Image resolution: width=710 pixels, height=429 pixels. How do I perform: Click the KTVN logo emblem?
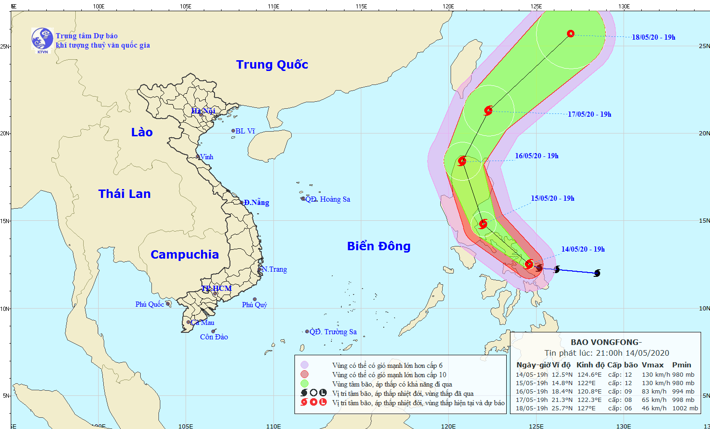[42, 39]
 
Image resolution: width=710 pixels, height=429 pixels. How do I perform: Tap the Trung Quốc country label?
[272, 64]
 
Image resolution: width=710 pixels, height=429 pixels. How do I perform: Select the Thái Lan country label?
[124, 194]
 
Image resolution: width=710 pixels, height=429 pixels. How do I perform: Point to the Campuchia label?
[185, 254]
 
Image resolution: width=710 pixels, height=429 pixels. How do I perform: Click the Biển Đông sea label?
[379, 246]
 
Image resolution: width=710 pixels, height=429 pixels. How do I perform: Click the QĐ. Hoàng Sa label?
[328, 199]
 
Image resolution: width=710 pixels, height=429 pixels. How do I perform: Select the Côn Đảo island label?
[214, 337]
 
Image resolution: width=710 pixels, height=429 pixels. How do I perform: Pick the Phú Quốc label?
[150, 304]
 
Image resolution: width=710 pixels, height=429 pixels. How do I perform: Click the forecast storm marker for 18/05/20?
[571, 34]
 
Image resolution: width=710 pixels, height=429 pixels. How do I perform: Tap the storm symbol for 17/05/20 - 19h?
[488, 111]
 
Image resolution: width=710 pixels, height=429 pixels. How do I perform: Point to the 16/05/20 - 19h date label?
[537, 156]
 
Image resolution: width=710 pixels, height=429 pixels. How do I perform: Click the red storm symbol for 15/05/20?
[483, 224]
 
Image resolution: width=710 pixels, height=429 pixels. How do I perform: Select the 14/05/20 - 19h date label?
[583, 249]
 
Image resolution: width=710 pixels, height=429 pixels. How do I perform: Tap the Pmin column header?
[681, 365]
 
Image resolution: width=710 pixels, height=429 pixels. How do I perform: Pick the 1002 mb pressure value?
[685, 408]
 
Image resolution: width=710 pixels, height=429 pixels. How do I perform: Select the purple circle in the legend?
[304, 365]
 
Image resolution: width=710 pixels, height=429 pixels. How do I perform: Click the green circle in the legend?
[304, 384]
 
